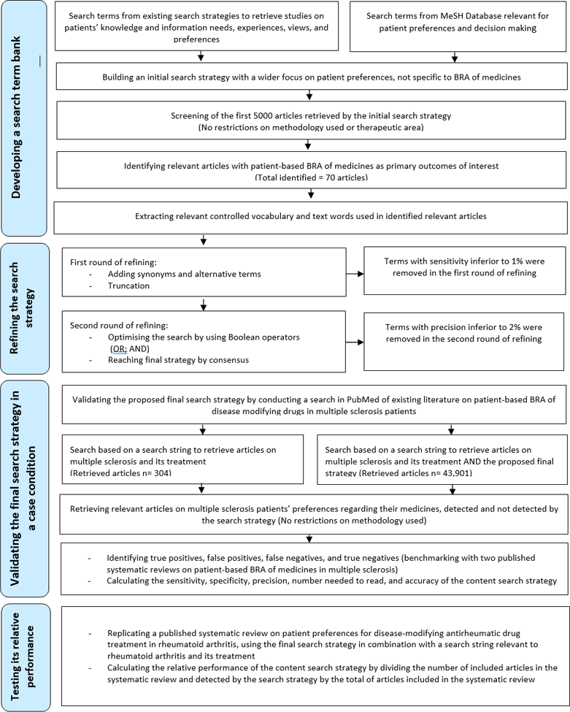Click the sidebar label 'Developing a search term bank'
click(16, 117)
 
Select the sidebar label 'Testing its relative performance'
click(23, 657)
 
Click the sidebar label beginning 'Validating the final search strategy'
click(23, 488)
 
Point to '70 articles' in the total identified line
click(343, 177)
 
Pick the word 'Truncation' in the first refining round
click(128, 286)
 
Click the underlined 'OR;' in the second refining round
click(119, 349)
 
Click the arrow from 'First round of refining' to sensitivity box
click(355, 274)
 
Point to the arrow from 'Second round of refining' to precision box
click(355, 342)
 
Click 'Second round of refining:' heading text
click(119, 325)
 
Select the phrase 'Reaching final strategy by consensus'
click(178, 360)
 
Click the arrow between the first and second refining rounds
click(204, 305)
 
